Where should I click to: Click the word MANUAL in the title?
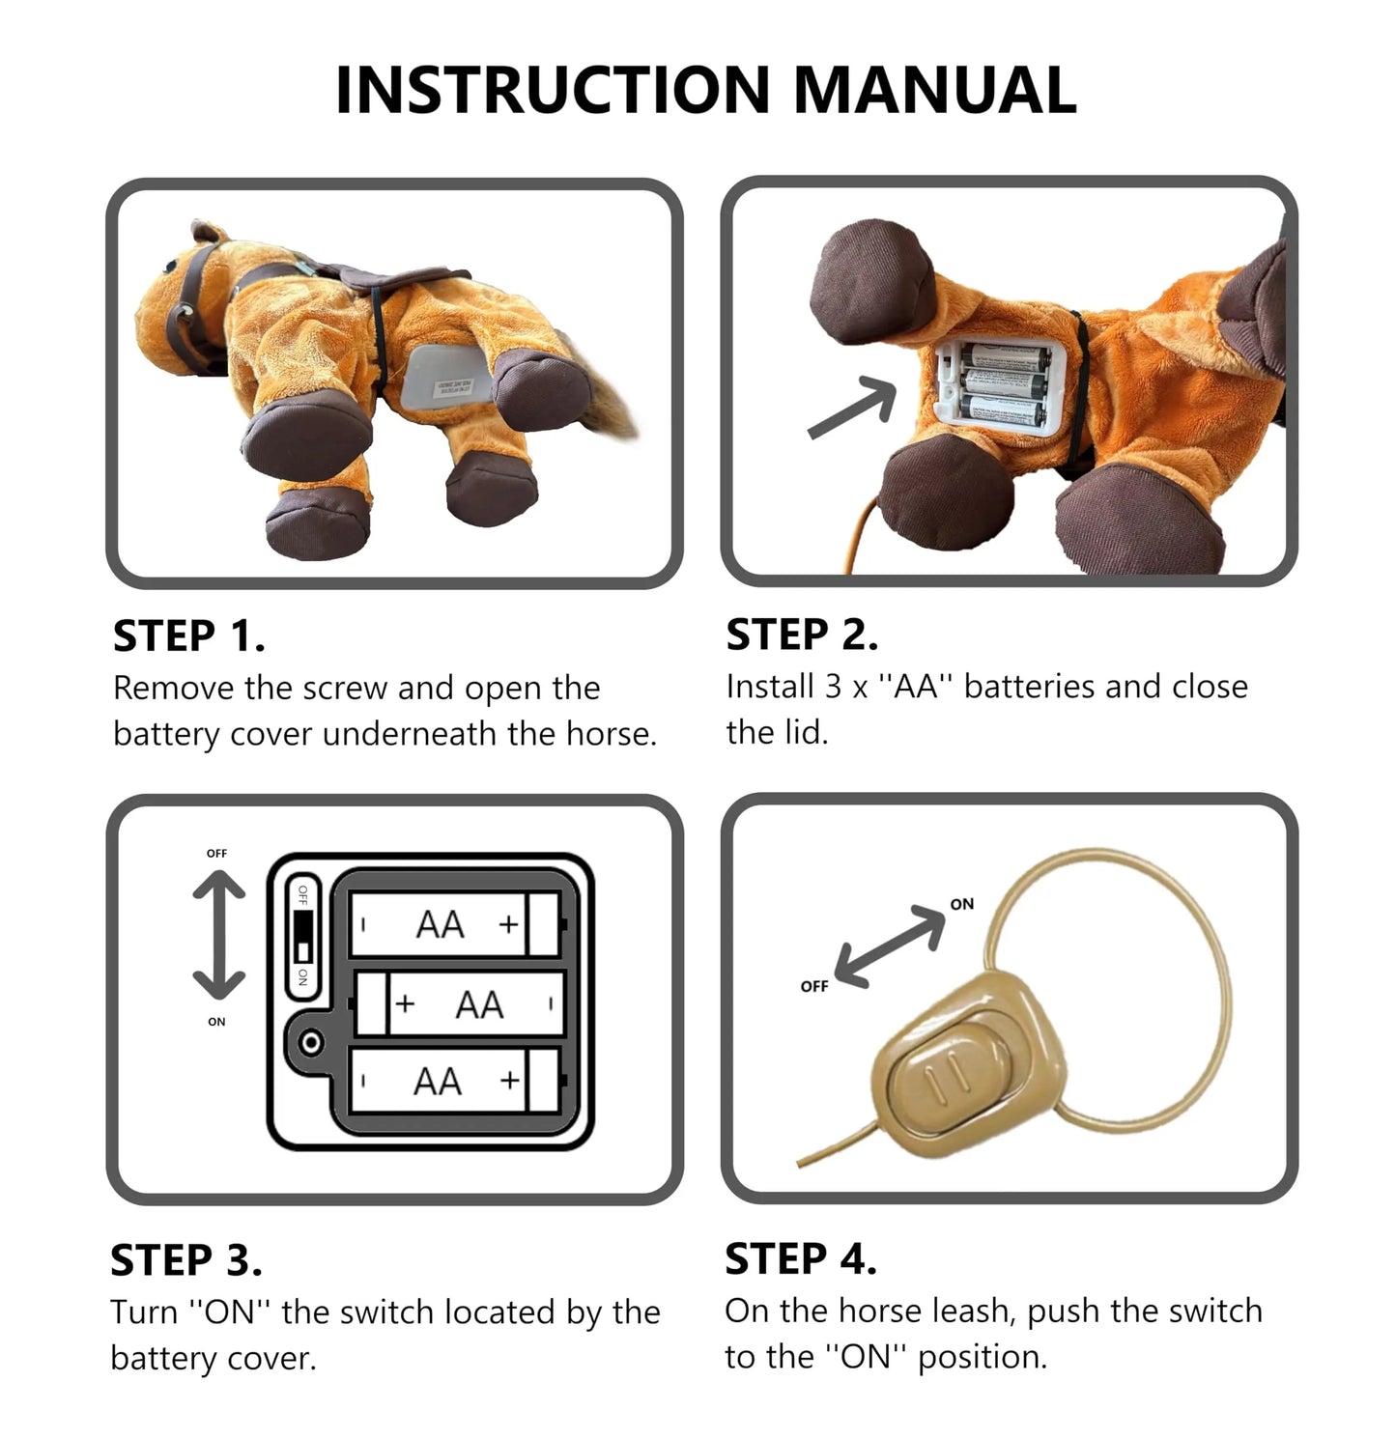[x=934, y=90]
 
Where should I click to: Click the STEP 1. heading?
[x=188, y=636]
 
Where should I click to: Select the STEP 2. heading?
[x=802, y=635]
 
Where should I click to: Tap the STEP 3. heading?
[x=185, y=1260]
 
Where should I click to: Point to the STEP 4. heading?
[x=801, y=1259]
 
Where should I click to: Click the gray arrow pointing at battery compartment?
[x=850, y=409]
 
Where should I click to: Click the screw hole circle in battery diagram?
[x=311, y=1043]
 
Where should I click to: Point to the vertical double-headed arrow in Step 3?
[x=218, y=935]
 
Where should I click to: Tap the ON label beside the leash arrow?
[x=962, y=904]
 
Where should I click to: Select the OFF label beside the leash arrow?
[x=814, y=986]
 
